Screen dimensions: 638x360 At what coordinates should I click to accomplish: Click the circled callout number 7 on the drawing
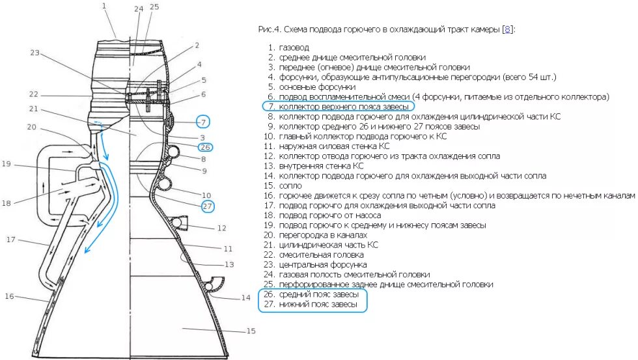(204, 122)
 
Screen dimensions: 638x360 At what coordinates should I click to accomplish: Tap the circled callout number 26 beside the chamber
(206, 146)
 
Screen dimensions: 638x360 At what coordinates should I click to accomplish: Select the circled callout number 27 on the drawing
(207, 206)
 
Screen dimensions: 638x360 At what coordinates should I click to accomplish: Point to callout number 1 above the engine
(104, 6)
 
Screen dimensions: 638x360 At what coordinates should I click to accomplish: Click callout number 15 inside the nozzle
(251, 331)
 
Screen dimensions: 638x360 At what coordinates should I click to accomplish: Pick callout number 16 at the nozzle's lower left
(9, 297)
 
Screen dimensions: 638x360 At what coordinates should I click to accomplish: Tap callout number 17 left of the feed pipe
(11, 240)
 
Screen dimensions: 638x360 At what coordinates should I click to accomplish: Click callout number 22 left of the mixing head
(33, 94)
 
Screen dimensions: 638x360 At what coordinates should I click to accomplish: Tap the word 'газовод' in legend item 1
(295, 48)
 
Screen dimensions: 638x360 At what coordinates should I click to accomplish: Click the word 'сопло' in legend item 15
(290, 186)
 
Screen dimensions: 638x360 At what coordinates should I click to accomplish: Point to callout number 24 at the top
(137, 8)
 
